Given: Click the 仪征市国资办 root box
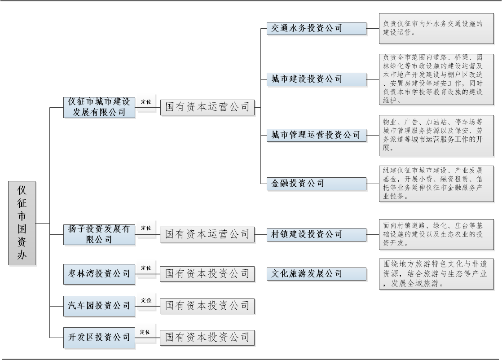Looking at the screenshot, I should point(22,223).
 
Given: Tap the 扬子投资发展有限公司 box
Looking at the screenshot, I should point(99,234).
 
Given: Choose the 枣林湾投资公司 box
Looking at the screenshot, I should point(99,274).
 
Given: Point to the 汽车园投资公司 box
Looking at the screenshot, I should point(99,306).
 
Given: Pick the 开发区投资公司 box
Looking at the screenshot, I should point(99,337).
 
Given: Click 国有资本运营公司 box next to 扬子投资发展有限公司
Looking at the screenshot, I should point(207,234).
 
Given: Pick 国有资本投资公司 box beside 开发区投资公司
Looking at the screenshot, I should point(207,337).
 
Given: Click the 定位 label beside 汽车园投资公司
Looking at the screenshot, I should point(145,300).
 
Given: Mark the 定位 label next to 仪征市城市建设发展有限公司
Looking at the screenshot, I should point(145,102).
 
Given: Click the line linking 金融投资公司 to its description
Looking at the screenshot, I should point(373,183).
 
